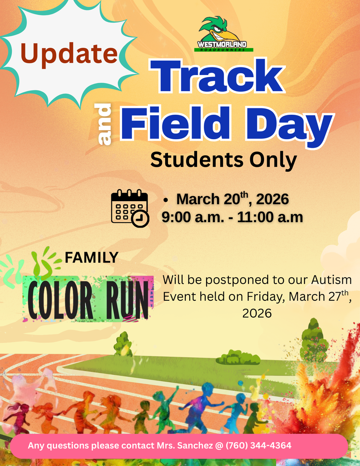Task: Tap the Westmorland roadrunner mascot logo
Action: (x=222, y=34)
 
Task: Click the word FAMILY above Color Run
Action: (x=91, y=258)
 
